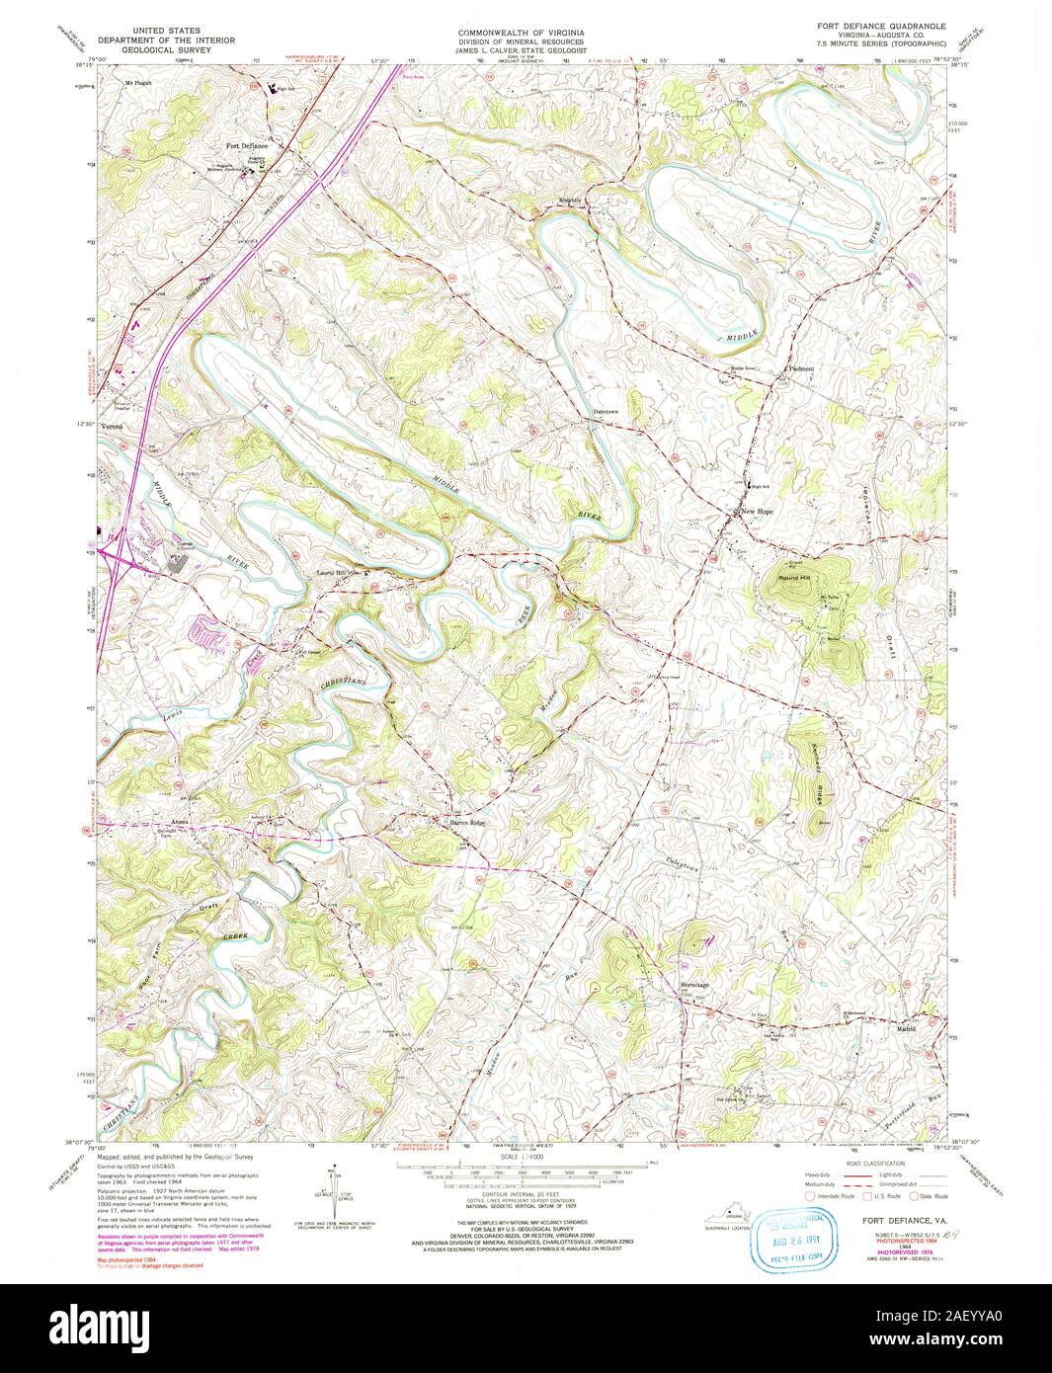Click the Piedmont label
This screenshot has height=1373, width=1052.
799,368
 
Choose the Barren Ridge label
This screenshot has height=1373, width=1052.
467,822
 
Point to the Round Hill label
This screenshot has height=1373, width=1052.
793,577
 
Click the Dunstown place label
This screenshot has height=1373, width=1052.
605,411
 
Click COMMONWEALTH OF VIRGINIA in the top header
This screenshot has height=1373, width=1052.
522,33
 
